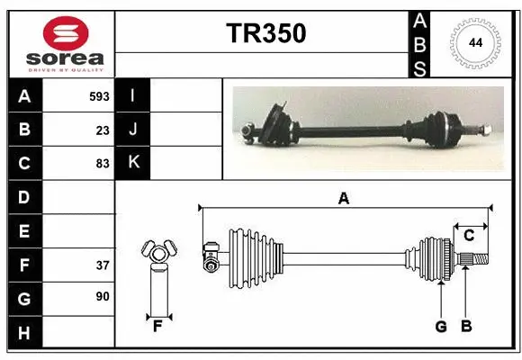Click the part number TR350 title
[265, 33]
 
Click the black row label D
[24, 197]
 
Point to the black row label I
[133, 95]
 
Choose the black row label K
[133, 163]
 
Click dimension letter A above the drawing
[343, 199]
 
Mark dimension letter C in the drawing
[468, 236]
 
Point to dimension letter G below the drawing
[441, 327]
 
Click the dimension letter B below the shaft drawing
[465, 327]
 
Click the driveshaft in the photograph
[360, 128]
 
